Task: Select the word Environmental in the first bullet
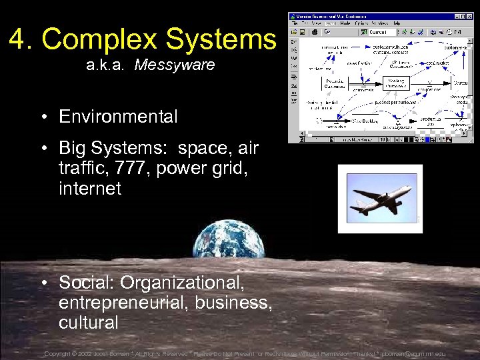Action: click(x=118, y=117)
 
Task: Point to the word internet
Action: click(x=90, y=189)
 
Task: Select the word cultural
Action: click(x=88, y=323)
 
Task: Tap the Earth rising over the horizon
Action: click(x=228, y=239)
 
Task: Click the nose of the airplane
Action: click(x=409, y=189)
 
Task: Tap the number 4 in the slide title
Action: click(x=18, y=39)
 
